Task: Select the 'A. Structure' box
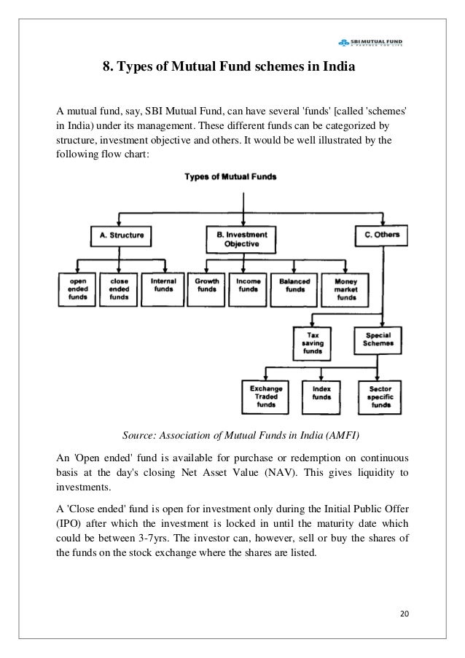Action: tap(121, 235)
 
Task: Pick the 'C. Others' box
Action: tap(381, 235)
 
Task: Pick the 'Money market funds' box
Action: tap(345, 289)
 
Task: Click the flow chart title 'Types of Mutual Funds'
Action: tap(230, 176)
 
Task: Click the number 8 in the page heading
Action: tap(105, 68)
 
